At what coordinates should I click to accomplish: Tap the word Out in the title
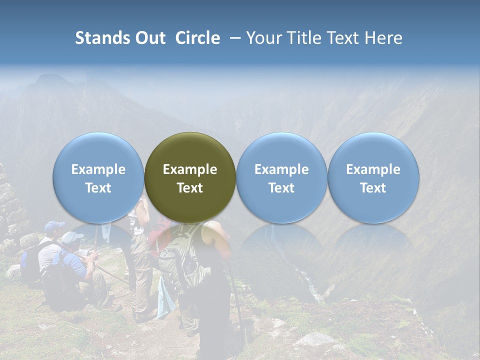pyautogui.click(x=150, y=38)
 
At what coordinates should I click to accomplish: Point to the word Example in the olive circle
pyautogui.click(x=190, y=169)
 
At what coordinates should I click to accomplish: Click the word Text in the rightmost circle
pyautogui.click(x=373, y=188)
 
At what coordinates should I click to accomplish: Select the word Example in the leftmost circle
pyautogui.click(x=98, y=169)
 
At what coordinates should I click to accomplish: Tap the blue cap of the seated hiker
pyautogui.click(x=54, y=226)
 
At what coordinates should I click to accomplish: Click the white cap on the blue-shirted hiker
pyautogui.click(x=71, y=237)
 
